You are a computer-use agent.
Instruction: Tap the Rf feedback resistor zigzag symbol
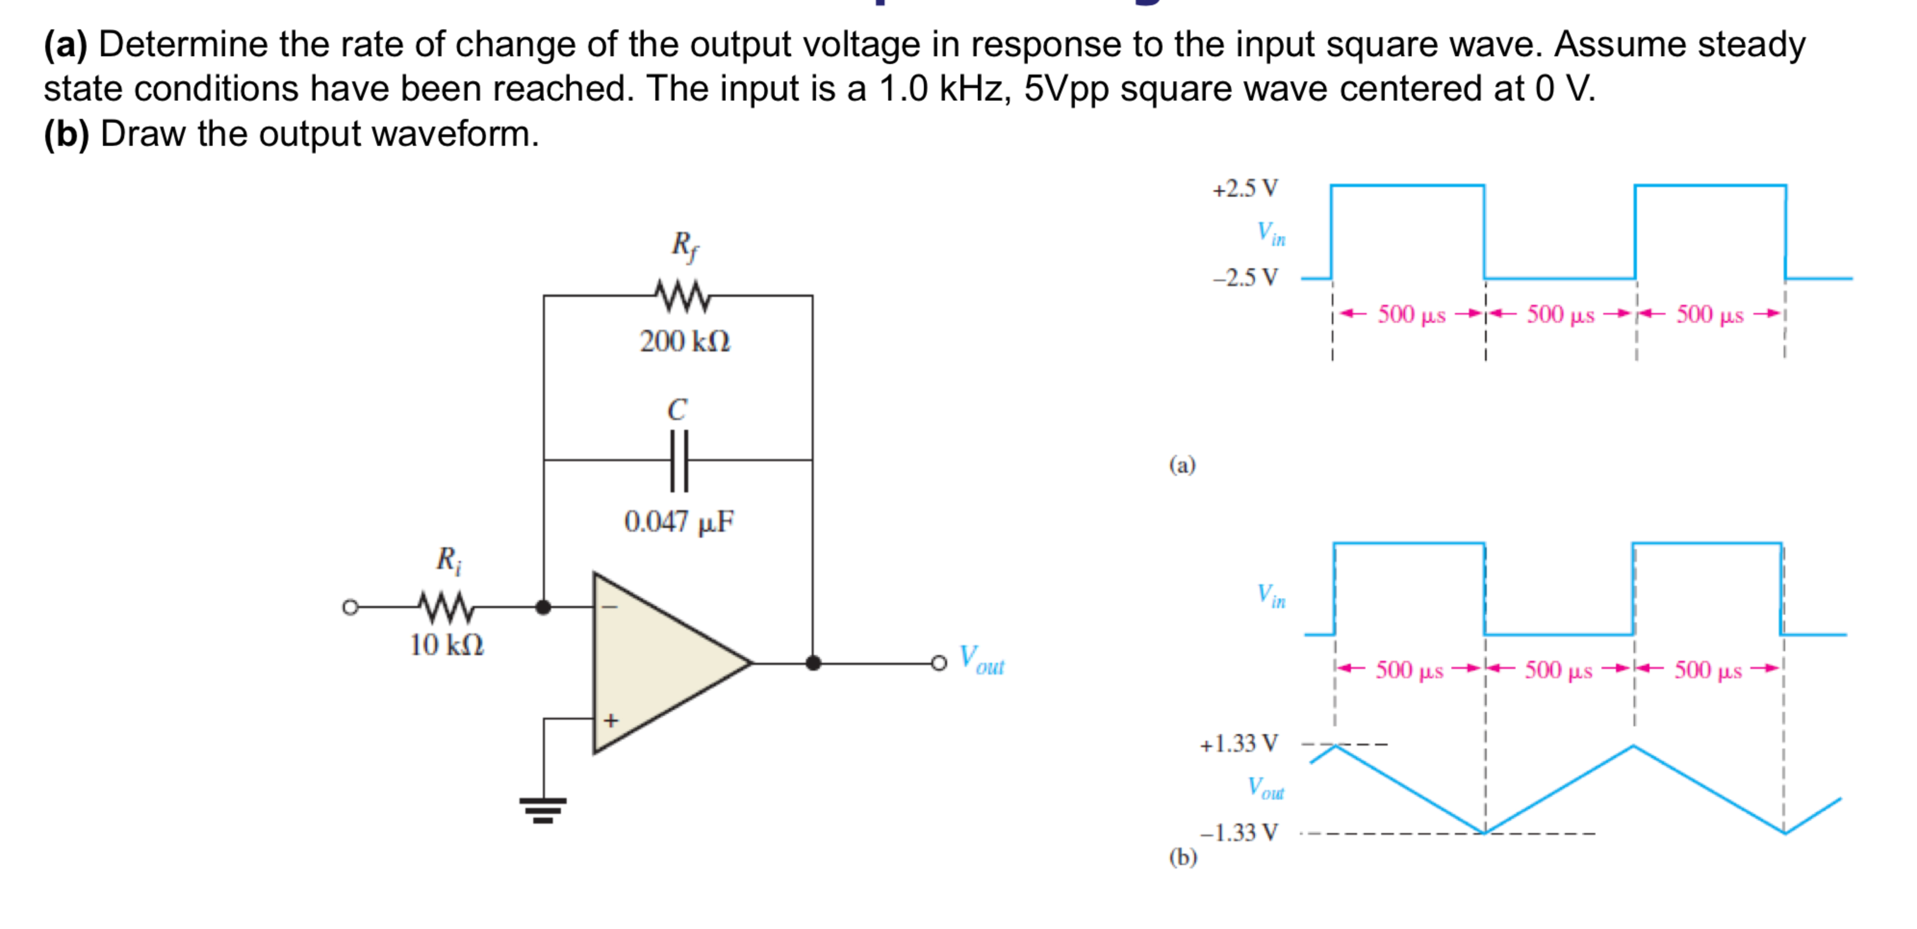click(682, 296)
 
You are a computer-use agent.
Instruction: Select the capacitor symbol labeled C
click(678, 461)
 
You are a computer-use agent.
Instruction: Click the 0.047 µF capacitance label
click(678, 522)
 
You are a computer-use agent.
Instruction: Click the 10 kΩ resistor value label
click(447, 645)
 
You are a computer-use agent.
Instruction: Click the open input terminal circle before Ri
click(350, 607)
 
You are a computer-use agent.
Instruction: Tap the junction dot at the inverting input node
click(543, 607)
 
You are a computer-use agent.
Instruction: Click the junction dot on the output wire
click(813, 662)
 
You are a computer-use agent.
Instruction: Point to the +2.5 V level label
click(1245, 188)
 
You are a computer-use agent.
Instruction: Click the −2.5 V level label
click(1245, 278)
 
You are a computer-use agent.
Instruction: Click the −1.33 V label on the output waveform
click(1239, 832)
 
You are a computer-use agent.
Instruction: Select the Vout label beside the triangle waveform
click(1265, 787)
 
